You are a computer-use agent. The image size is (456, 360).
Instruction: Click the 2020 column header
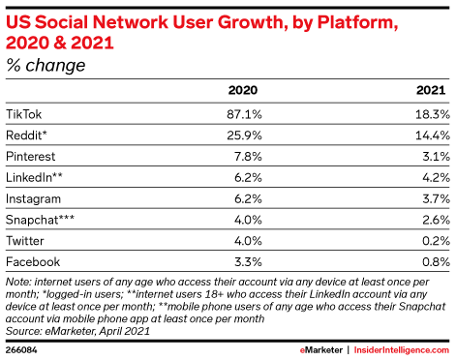[241, 90]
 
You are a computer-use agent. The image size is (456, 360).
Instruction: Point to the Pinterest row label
[31, 156]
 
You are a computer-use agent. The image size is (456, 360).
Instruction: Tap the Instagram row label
[33, 198]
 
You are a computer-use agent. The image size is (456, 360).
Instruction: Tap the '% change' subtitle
[46, 66]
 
